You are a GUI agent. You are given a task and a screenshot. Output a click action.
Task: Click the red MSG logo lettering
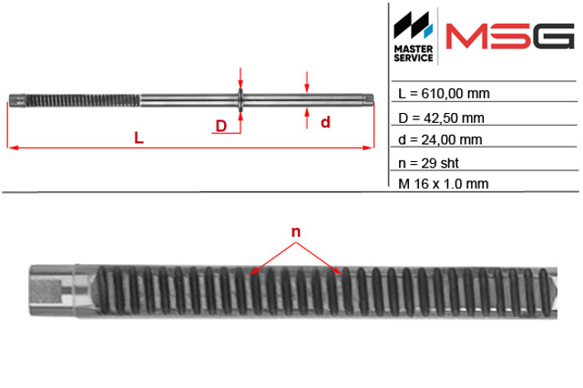click(510, 36)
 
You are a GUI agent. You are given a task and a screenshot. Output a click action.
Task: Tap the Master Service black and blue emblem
click(413, 25)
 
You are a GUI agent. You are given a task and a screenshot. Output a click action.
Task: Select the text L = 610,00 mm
click(444, 94)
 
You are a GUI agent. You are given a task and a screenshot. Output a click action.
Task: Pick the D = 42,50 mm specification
click(441, 118)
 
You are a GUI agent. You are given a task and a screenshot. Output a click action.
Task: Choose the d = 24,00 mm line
click(440, 139)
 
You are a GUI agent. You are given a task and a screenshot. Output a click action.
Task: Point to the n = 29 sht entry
click(428, 163)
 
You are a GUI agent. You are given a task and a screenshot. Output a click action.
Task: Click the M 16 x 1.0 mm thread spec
click(444, 184)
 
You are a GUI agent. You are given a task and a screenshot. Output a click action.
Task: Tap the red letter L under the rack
click(138, 138)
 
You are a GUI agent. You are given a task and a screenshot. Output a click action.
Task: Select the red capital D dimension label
click(221, 126)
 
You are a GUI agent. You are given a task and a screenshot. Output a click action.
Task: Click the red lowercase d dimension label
click(325, 122)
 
